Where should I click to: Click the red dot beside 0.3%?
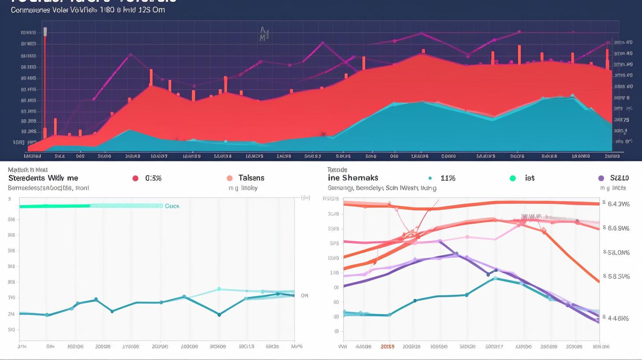coord(135,178)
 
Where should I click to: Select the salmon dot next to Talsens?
coord(229,178)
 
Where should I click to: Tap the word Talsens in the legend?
coord(251,178)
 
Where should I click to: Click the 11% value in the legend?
coord(448,178)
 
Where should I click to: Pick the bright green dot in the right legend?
coord(512,178)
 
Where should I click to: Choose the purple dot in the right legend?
coord(601,178)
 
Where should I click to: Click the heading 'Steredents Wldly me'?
coord(43,178)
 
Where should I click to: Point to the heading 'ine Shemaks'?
coord(353,178)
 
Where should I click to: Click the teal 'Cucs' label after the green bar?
coord(172,206)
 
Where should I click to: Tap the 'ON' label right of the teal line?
coord(304,296)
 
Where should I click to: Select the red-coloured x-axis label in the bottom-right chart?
coord(387,347)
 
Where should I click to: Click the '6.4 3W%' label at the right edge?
coord(618,204)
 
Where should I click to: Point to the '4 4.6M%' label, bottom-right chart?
coord(618,318)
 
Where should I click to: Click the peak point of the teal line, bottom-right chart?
coord(495,278)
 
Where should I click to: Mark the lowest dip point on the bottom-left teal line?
coord(219,315)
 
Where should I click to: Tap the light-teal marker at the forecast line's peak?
coord(219,289)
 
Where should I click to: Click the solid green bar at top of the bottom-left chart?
coord(55,206)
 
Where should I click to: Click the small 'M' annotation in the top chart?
coord(263,34)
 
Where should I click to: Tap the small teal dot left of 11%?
coord(430,178)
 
